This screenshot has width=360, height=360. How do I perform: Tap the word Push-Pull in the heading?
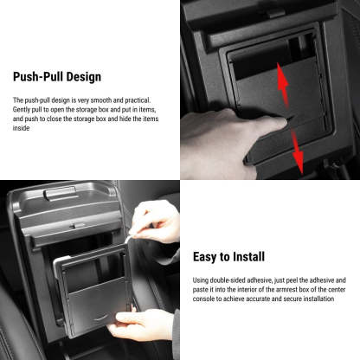coord(35,77)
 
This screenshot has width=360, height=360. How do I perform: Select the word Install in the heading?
coord(244,257)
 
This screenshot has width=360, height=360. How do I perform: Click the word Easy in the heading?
coord(204,257)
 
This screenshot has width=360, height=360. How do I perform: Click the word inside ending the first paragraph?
coord(22,128)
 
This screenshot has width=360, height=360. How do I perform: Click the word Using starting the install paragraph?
coord(202,280)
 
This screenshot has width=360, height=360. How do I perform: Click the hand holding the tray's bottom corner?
coord(143,324)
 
